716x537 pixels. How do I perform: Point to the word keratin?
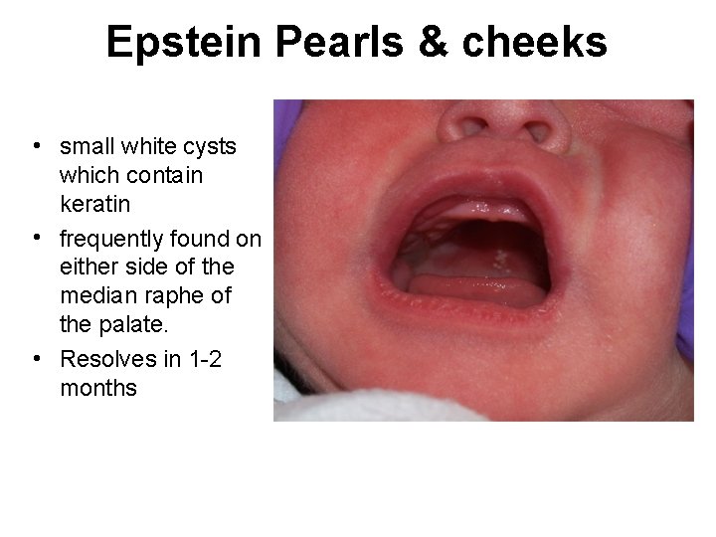coord(95,204)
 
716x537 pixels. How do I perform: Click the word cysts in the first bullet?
coord(208,147)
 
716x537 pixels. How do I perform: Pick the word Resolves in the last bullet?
coord(104,359)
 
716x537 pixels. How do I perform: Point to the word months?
coord(98,388)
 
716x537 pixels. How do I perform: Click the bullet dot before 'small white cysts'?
coord(35,144)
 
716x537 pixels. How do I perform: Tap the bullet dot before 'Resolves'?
coord(35,357)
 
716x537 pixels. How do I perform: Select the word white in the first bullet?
coord(144,147)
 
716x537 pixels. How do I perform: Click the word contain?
coord(161,175)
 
